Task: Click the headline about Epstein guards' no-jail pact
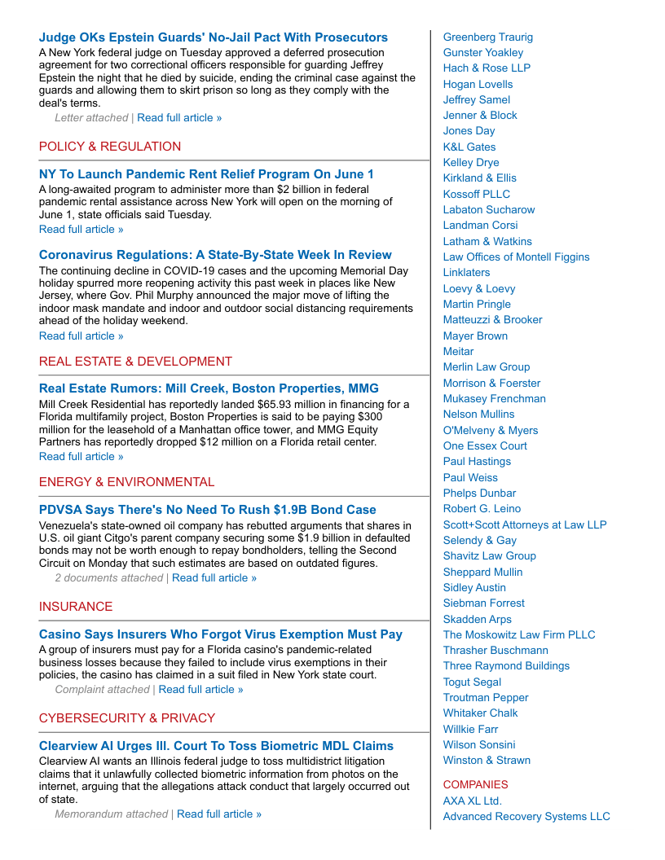tap(213, 37)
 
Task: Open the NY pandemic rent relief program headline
tap(206, 174)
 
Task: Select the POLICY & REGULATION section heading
tap(110, 147)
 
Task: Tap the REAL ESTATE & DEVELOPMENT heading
tap(135, 362)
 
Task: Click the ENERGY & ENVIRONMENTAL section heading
tap(126, 482)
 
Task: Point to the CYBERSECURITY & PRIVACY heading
tap(127, 718)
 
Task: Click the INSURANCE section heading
tap(76, 607)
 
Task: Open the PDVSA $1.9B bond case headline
tap(207, 510)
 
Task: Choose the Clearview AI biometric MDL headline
tap(216, 746)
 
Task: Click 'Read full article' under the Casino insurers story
tap(200, 690)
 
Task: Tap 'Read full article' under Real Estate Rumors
tap(81, 457)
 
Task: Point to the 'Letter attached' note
tap(91, 118)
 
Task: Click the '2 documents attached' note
tap(108, 578)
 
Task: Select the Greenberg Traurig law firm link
tap(487, 37)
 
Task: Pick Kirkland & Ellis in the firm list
tap(479, 178)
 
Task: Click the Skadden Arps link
tap(477, 620)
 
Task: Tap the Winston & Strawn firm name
tap(487, 761)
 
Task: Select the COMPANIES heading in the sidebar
tap(475, 785)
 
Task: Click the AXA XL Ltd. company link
tap(472, 801)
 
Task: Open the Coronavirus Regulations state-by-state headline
tap(215, 255)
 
